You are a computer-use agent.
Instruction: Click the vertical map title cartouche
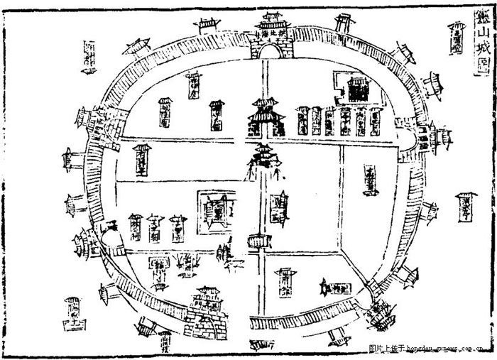[x=481, y=43]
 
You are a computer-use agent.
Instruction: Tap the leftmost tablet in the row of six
[x=303, y=121]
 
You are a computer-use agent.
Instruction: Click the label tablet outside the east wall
[x=466, y=206]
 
